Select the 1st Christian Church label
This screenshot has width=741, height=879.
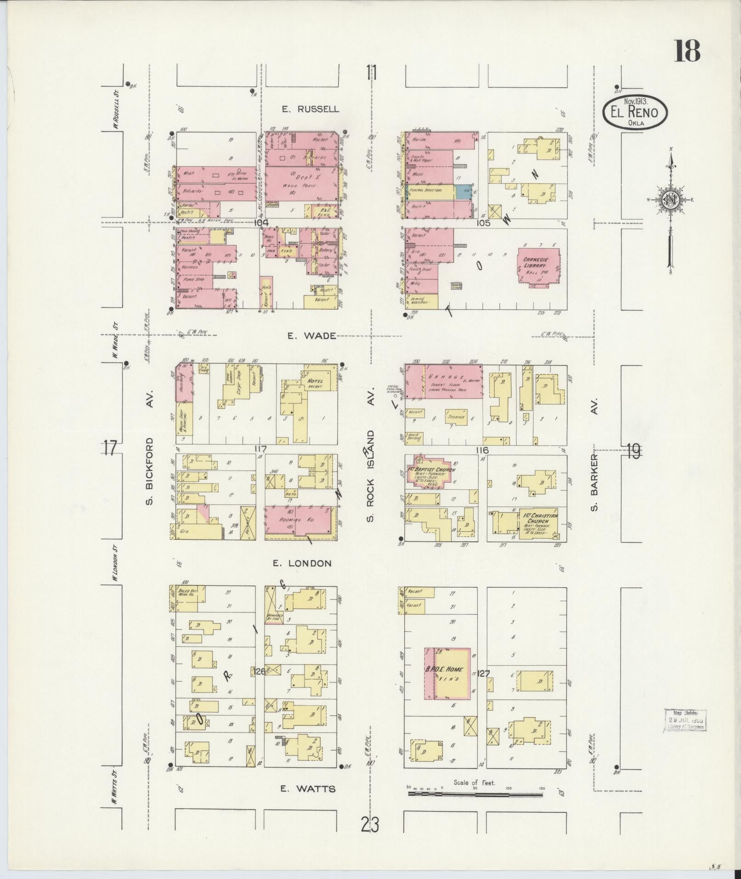540,519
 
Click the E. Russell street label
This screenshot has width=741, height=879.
311,109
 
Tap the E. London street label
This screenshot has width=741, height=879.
302,563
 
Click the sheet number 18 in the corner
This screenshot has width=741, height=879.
687,51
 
